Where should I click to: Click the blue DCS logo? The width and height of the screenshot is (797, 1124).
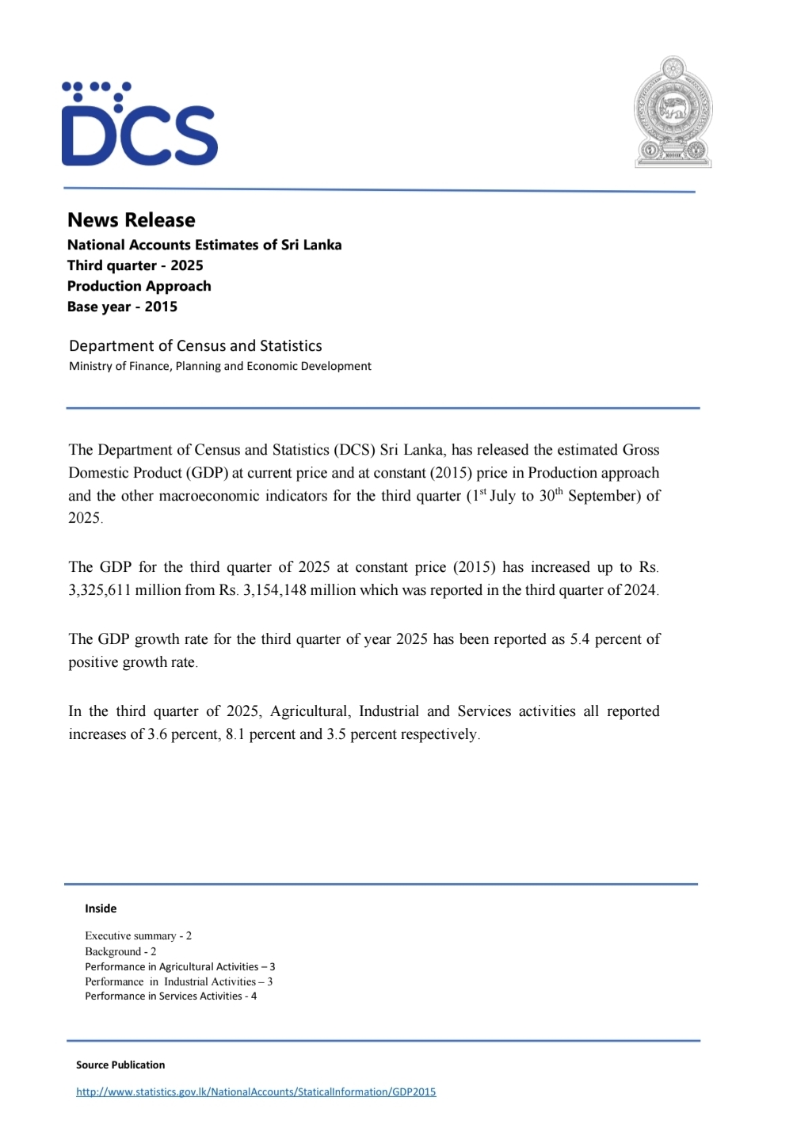coord(139,124)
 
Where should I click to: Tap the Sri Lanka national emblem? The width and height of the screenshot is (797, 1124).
coord(673,112)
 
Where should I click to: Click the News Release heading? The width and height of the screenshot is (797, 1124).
coord(131,220)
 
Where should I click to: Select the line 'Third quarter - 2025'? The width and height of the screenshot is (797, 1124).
coord(135,265)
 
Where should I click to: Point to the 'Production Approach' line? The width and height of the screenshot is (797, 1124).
coord(139,286)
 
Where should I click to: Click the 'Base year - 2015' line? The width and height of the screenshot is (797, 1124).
coord(122,307)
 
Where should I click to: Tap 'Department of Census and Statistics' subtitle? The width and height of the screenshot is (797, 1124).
coord(195,345)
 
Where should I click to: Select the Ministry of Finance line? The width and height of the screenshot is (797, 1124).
coord(219,366)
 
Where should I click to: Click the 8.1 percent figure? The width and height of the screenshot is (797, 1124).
coord(235,734)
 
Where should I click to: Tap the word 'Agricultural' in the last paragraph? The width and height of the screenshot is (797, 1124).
coord(310,711)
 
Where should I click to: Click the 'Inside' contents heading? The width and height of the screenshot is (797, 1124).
coord(101,909)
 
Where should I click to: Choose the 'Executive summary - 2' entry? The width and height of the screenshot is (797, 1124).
coord(138,935)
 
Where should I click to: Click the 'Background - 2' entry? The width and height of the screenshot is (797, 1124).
coord(120,951)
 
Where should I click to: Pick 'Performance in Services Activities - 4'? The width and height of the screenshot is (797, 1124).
coord(170,996)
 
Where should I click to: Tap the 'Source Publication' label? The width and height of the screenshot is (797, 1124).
coord(120,1065)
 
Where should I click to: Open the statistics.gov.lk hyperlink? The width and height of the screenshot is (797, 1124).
coord(256,1092)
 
